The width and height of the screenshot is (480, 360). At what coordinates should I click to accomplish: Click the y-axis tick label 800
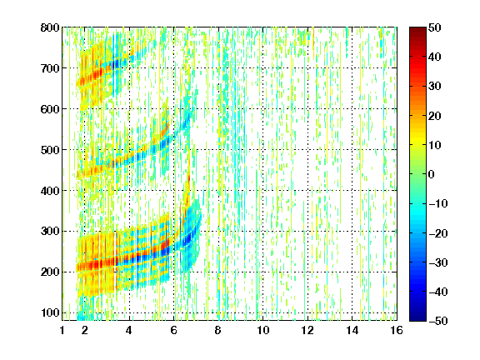click(50, 27)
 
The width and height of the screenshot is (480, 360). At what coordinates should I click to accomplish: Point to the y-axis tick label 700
click(50, 68)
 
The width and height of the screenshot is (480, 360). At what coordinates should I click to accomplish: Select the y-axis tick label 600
click(50, 109)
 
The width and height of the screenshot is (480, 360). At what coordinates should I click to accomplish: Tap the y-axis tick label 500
click(50, 150)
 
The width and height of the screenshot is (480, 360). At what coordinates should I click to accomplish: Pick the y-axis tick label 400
click(50, 191)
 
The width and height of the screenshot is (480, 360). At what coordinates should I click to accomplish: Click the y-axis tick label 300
click(50, 232)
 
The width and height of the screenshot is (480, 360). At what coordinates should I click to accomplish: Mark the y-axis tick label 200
click(50, 272)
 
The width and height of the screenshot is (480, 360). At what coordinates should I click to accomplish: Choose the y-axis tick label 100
click(50, 312)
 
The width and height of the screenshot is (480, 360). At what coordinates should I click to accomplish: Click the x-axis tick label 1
click(62, 330)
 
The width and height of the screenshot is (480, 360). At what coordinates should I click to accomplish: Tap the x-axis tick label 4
click(129, 330)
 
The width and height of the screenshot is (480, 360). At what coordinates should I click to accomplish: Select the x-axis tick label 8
click(217, 330)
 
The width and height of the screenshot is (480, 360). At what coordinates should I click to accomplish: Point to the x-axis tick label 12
click(307, 330)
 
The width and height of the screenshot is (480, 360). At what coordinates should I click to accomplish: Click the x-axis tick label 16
click(397, 330)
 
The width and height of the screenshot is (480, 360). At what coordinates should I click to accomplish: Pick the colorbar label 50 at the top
click(434, 27)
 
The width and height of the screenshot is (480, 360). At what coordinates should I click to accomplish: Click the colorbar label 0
click(432, 174)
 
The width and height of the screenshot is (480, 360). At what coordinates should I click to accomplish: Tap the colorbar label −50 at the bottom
click(438, 321)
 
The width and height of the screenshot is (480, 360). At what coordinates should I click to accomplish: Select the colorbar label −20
click(438, 233)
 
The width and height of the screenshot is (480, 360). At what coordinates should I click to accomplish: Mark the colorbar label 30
click(434, 87)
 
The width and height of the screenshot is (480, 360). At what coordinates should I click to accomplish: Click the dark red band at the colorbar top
click(417, 32)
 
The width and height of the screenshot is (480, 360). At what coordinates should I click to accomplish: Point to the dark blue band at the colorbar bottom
click(417, 316)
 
